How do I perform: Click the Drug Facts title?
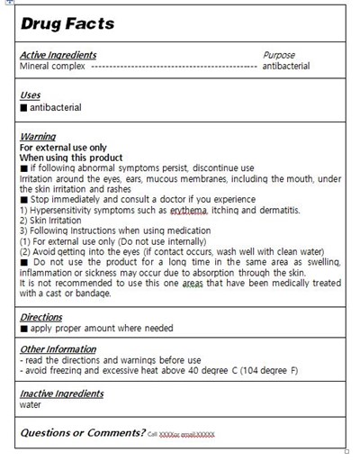click(x=67, y=23)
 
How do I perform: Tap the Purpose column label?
click(x=279, y=55)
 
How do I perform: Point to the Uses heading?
click(x=30, y=95)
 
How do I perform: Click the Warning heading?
click(x=38, y=137)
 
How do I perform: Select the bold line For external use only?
click(x=63, y=147)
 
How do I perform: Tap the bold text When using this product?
click(x=71, y=158)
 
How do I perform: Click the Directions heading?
click(x=41, y=317)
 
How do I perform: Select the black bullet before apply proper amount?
click(x=23, y=329)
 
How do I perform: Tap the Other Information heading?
click(x=58, y=349)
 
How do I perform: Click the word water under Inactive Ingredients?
click(x=31, y=405)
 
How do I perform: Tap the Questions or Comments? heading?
click(x=82, y=433)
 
